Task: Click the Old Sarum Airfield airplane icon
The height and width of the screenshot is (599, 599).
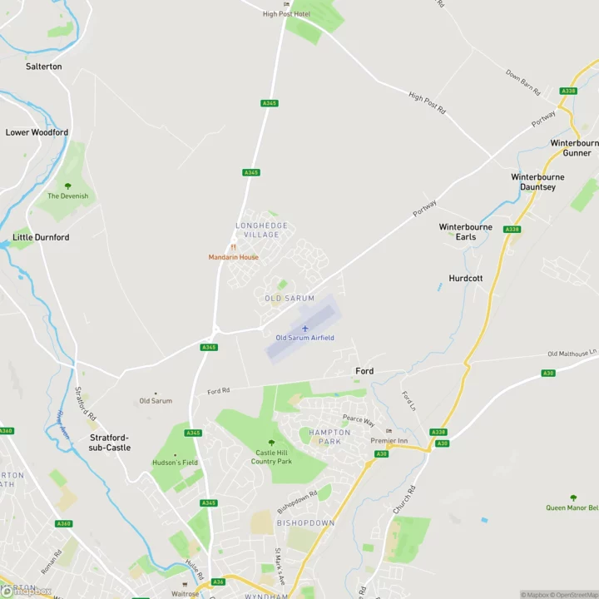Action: tap(304, 329)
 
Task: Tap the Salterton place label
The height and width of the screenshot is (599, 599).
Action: tap(44, 67)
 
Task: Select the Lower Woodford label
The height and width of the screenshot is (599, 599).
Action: tap(37, 132)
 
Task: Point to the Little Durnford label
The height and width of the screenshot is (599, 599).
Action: tap(41, 237)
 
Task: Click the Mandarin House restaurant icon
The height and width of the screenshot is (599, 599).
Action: tap(233, 247)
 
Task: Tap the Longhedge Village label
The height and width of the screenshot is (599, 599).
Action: tap(261, 230)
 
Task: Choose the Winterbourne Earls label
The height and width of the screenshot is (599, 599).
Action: tap(466, 231)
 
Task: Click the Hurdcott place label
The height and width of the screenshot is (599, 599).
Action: tap(466, 278)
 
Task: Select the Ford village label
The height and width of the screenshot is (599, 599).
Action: tap(364, 371)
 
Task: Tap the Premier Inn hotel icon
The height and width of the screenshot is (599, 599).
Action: tap(389, 431)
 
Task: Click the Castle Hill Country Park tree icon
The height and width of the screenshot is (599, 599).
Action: tap(271, 443)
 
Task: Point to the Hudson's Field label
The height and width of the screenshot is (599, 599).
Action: tap(175, 463)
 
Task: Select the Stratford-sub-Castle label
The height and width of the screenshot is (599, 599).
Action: tap(110, 442)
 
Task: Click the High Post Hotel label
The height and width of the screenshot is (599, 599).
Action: tap(286, 14)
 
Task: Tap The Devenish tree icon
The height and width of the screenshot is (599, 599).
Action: tap(67, 186)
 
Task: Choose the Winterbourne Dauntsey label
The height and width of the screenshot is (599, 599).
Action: tap(537, 182)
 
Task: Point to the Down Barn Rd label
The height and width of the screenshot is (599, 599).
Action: tap(523, 82)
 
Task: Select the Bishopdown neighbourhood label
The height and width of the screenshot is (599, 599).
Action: tap(305, 523)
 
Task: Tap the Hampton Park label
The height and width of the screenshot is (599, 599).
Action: tap(329, 437)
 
